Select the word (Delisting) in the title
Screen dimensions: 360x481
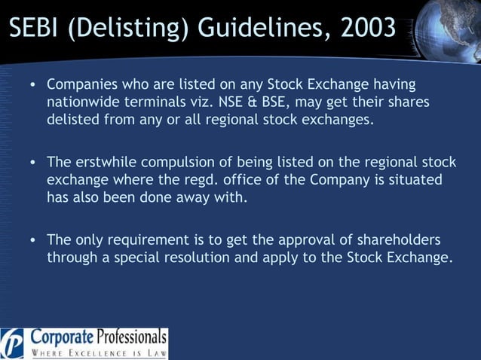[x=124, y=29]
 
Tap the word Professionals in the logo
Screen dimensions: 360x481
[x=130, y=336]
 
